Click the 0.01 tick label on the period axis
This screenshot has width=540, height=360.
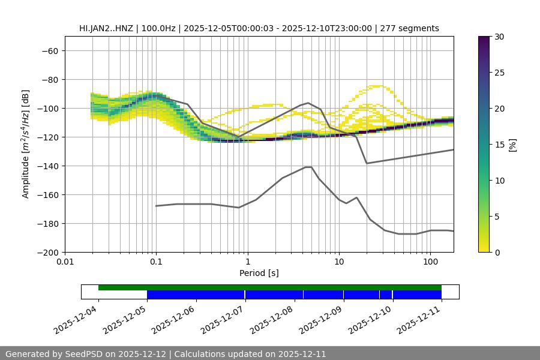coord(65,262)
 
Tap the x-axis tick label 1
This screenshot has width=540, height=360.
coord(247,262)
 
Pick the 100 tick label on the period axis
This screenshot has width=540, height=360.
coord(430,262)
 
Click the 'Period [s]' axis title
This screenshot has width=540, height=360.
coord(259,273)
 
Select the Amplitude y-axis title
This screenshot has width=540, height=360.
coord(26,144)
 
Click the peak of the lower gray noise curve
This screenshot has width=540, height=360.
coord(308,167)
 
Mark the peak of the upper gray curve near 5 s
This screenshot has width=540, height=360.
coord(308,103)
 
